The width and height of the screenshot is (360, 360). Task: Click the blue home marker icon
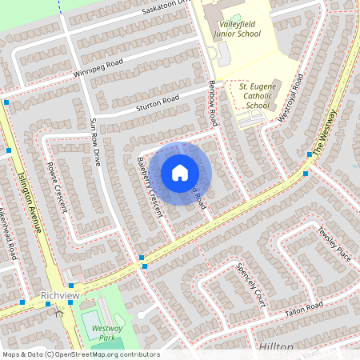point(180,173)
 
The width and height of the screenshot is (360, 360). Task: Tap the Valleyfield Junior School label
point(239,30)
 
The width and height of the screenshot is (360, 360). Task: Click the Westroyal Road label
point(292,98)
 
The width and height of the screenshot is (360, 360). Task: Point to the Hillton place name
point(277,346)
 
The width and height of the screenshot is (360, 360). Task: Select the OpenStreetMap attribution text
point(80,354)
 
